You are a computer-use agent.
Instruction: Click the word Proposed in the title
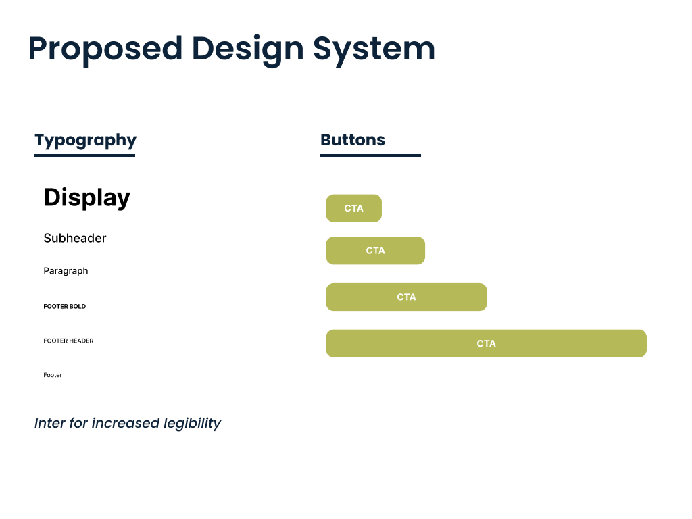[x=105, y=49]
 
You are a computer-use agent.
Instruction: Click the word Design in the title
[x=248, y=49]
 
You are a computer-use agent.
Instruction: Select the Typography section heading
[x=86, y=141]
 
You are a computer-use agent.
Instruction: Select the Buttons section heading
[x=353, y=139]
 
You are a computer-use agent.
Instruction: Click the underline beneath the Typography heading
[x=84, y=155]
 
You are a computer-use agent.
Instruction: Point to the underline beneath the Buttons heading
[x=371, y=155]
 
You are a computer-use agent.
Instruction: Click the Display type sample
[x=87, y=198]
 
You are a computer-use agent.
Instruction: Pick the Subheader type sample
[x=75, y=239]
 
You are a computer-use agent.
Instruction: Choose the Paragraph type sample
[x=66, y=271]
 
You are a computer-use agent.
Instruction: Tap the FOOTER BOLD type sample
[x=64, y=306]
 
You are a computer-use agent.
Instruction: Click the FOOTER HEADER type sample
[x=68, y=341]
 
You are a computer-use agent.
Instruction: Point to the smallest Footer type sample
[x=53, y=375]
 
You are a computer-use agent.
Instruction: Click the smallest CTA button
[x=354, y=208]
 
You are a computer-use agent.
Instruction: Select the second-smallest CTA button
[x=376, y=251]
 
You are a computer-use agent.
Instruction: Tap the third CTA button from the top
[x=406, y=297]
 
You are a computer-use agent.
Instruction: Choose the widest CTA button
[x=487, y=343]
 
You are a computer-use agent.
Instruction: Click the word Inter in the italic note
[x=50, y=423]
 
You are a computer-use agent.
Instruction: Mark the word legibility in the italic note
[x=192, y=424]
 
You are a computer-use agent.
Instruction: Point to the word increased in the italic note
[x=125, y=423]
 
